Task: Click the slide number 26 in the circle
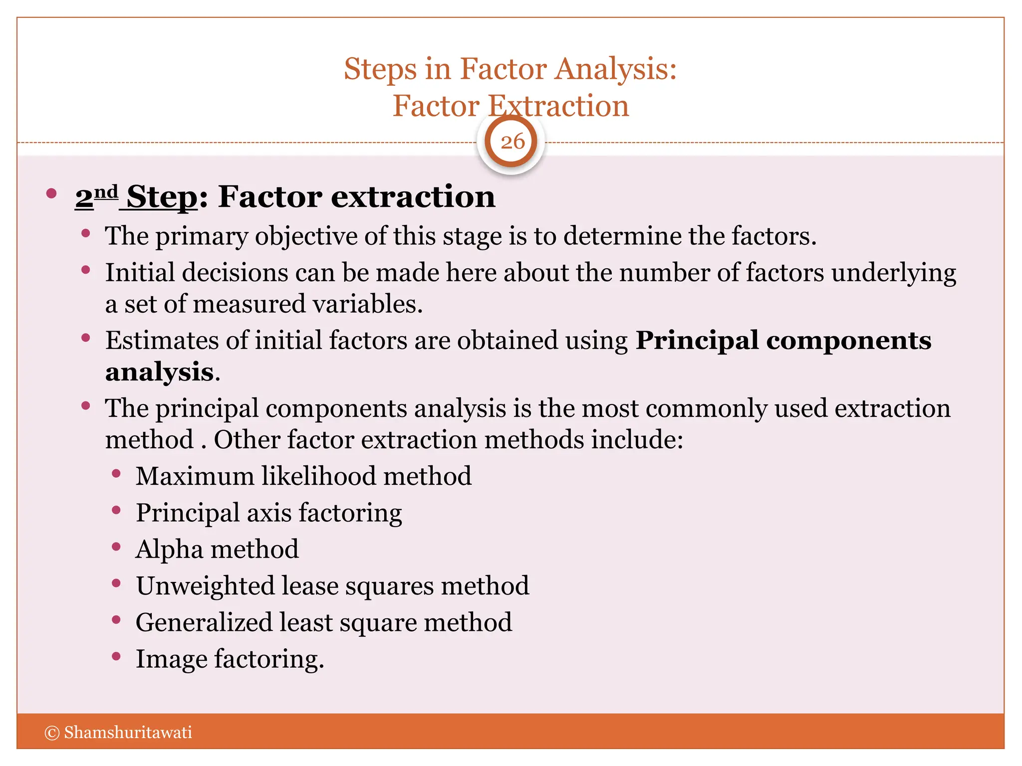(512, 142)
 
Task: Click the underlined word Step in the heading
(162, 197)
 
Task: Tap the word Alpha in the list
(169, 550)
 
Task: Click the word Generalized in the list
(204, 622)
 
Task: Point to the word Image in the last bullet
(171, 659)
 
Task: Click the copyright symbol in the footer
(52, 733)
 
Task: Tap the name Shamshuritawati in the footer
(128, 733)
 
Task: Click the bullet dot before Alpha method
(116, 547)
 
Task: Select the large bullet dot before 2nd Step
(51, 193)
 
